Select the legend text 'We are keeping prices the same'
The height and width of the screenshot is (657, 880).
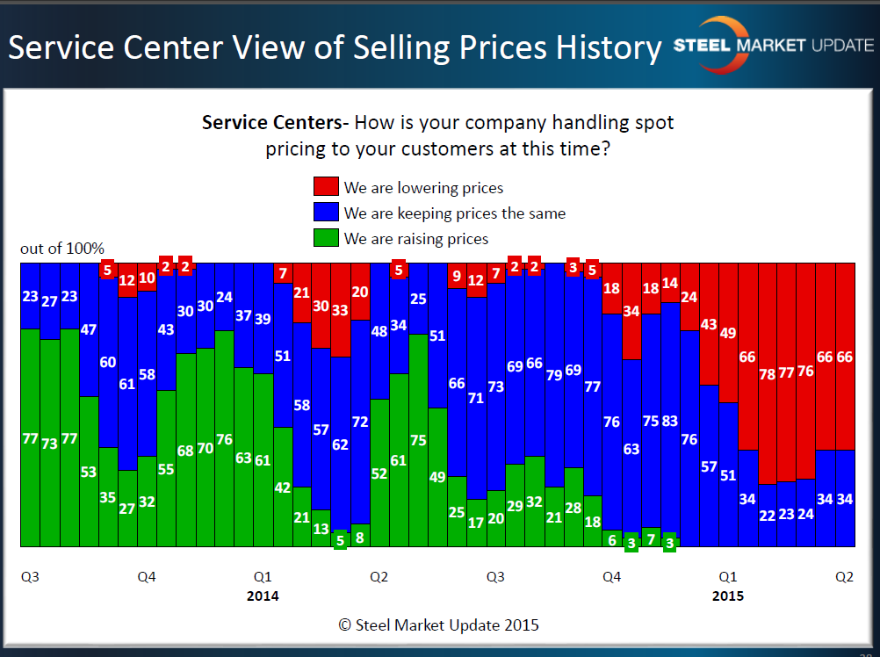coord(455,213)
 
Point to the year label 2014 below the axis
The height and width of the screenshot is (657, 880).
coord(263,596)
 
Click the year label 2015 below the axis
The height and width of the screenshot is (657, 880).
coord(727,596)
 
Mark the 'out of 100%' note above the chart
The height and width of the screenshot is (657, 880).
coord(62,249)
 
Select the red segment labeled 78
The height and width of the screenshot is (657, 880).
coord(767,373)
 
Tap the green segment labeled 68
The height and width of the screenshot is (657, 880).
coord(185,450)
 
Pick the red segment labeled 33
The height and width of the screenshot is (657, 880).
coord(341,310)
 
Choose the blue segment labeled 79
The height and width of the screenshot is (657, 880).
coord(553,376)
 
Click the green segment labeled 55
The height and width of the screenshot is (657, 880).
coord(166,468)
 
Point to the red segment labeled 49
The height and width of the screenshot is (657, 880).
coord(728,333)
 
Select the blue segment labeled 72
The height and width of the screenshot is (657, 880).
coord(360,422)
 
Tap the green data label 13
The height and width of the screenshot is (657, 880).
coord(321,530)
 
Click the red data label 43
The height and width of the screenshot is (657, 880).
coord(709,324)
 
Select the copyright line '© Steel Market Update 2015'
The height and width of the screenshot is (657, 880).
coord(439,625)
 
